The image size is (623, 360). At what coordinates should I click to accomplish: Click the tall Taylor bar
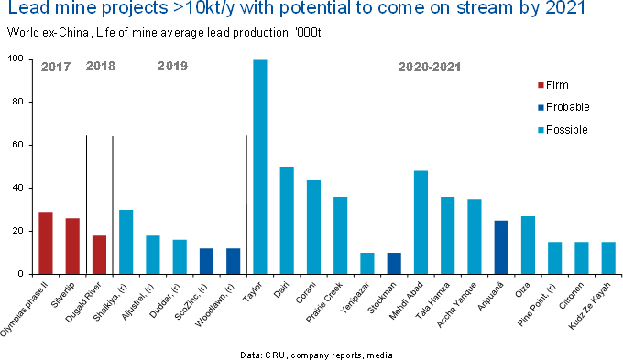click(260, 167)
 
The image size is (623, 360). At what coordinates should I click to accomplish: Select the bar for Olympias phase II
click(46, 243)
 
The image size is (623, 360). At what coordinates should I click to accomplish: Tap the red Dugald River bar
click(99, 255)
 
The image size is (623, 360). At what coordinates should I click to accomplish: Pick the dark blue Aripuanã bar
click(501, 247)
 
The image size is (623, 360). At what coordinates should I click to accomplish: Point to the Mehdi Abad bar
click(421, 223)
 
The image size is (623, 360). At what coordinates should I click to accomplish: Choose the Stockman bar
click(394, 264)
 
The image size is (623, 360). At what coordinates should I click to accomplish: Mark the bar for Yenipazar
click(367, 264)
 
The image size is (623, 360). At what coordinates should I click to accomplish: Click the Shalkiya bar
click(126, 242)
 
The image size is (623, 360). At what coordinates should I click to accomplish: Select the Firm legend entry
click(553, 85)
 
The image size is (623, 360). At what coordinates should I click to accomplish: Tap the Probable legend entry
click(563, 107)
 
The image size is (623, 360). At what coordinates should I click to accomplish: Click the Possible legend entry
click(563, 129)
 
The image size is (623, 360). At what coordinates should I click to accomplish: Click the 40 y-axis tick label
click(18, 188)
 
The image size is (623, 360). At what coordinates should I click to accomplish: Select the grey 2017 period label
click(56, 66)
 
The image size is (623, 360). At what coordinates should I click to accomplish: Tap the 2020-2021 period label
click(430, 66)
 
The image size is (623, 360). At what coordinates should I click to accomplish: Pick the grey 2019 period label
click(172, 66)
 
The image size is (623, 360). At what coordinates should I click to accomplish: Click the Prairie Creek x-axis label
click(324, 302)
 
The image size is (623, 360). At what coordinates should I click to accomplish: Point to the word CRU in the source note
click(275, 355)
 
